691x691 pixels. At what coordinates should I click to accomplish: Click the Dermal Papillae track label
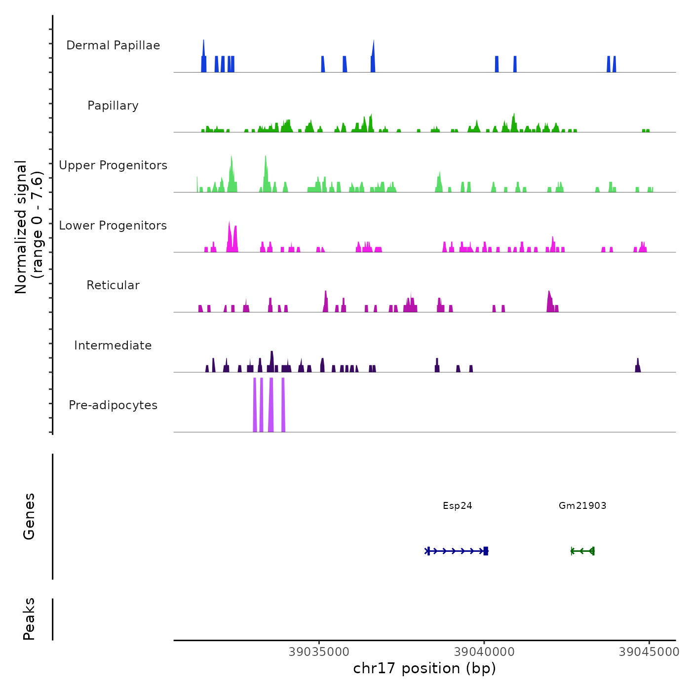(113, 45)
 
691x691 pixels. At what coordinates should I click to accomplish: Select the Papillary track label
(113, 106)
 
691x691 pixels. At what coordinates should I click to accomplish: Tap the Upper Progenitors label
(113, 165)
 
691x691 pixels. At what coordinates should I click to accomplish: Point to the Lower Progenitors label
(113, 226)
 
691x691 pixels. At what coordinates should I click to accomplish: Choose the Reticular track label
(113, 285)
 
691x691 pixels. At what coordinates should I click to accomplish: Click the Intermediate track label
(113, 345)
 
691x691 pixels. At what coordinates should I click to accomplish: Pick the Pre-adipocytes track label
(113, 405)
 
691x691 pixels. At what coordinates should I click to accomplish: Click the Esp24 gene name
(458, 505)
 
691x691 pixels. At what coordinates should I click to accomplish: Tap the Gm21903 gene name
(582, 505)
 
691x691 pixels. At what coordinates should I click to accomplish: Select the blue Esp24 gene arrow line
(457, 551)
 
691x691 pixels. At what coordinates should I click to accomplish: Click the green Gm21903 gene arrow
(582, 551)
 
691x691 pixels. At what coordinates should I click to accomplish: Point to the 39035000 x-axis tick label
(319, 652)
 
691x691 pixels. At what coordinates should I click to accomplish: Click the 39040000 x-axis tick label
(484, 652)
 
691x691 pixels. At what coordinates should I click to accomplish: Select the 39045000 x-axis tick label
(649, 652)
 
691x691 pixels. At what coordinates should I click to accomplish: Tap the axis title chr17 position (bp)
(424, 668)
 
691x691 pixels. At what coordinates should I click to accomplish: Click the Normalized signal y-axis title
(29, 227)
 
